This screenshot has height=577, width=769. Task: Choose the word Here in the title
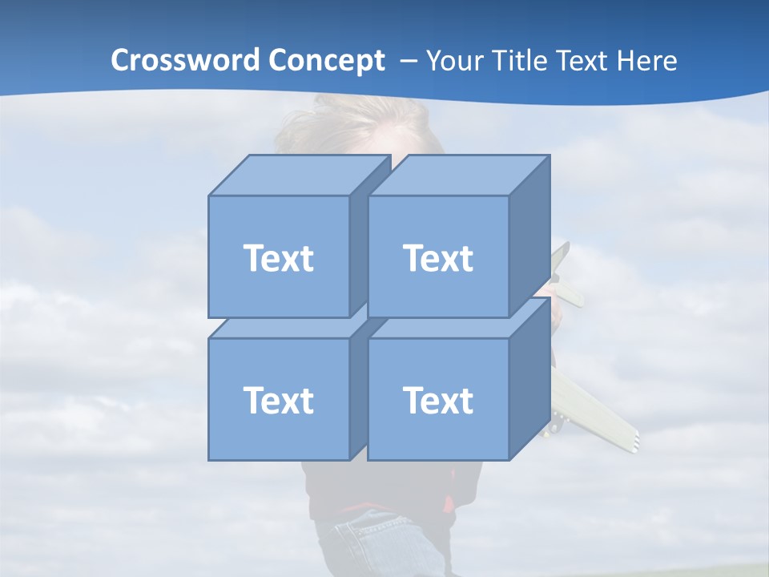pos(650,61)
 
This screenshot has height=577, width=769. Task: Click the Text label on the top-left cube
pos(278,258)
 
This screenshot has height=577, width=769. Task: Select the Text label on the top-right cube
pos(437,258)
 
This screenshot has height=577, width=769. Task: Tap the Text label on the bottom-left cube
pos(278,400)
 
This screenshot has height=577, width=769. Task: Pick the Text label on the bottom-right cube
pos(437,400)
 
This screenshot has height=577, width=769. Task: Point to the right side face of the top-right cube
pos(529,236)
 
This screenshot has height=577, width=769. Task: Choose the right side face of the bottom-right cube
pos(529,379)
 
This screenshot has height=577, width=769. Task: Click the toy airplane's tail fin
pos(561,258)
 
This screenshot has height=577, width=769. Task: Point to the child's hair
pos(360,120)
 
